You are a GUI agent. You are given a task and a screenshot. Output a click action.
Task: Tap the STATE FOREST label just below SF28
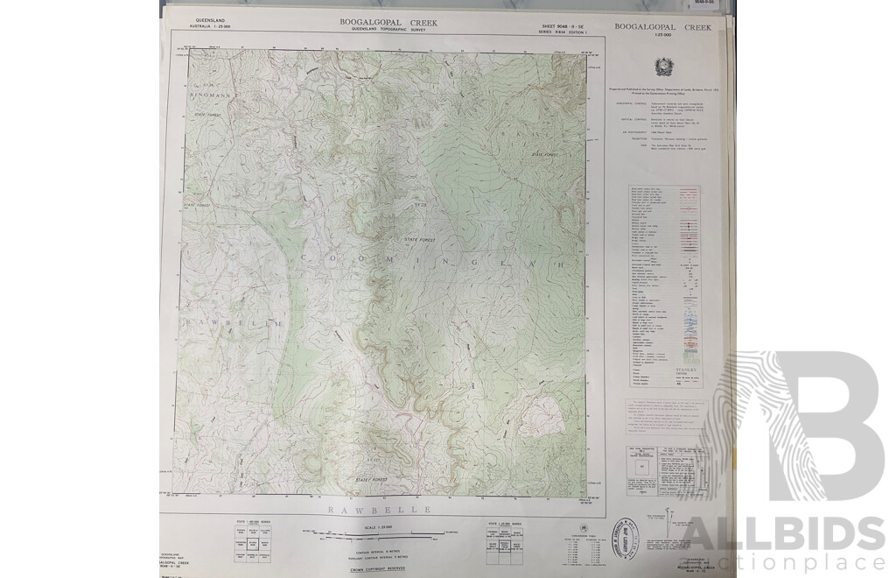tap(419, 239)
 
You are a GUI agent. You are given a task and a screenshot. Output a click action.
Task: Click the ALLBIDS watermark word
tap(779, 534)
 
